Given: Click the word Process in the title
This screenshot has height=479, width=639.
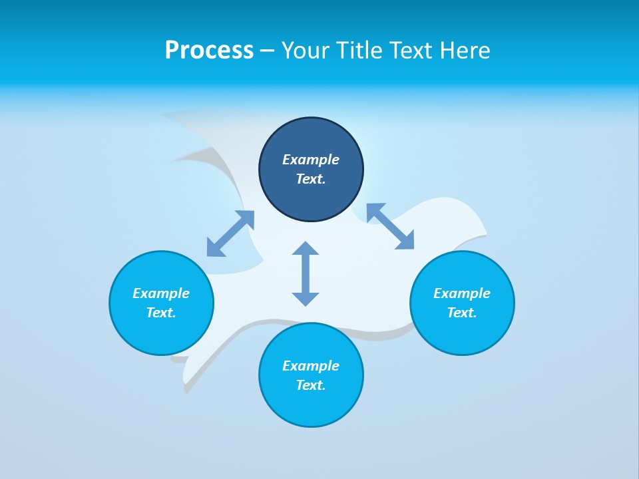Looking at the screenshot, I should (x=209, y=51).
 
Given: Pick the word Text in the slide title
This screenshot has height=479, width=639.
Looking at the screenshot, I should (x=412, y=51).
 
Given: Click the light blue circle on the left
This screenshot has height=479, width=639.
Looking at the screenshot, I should (x=161, y=333).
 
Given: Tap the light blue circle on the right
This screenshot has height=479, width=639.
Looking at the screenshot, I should (x=462, y=333).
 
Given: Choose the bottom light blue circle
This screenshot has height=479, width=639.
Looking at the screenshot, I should (x=311, y=406).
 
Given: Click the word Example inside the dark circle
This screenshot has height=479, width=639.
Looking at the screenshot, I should (x=311, y=160).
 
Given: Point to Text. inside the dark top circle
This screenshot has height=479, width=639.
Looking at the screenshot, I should (x=311, y=179).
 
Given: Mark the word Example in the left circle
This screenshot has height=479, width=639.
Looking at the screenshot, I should (x=161, y=293).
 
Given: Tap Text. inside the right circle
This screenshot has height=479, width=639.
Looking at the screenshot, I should (x=462, y=313).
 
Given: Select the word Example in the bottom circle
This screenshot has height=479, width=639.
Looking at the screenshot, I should (x=311, y=366).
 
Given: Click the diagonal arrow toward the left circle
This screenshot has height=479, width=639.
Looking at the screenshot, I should (x=230, y=234).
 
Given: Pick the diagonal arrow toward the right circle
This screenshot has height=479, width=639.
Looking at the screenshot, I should (x=391, y=226).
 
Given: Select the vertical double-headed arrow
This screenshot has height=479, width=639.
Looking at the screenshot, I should (x=306, y=273).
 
